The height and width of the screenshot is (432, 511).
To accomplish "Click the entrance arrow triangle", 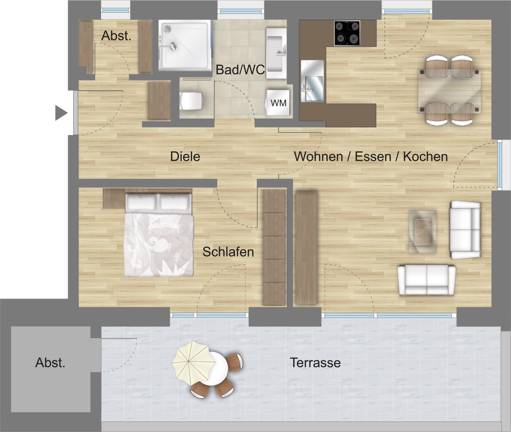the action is click(x=61, y=113).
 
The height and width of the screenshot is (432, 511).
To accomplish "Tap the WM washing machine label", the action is click(x=278, y=103).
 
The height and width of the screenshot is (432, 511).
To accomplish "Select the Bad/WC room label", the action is click(x=240, y=69).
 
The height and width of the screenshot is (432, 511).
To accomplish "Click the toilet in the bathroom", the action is click(x=191, y=101).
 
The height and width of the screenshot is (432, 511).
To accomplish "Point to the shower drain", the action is click(x=167, y=29).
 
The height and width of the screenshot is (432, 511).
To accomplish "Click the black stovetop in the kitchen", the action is click(x=347, y=33).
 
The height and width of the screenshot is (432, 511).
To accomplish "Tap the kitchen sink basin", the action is click(x=314, y=88).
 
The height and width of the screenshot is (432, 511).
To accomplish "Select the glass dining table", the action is click(x=449, y=91).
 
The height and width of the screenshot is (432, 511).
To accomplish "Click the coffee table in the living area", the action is click(x=423, y=232).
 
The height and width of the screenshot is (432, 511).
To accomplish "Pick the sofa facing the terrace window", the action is click(x=427, y=280).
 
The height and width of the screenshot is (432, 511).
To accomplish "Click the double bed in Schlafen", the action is click(x=159, y=235).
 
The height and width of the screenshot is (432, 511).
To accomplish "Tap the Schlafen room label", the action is click(x=228, y=252).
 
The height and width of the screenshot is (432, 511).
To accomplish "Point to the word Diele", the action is click(x=185, y=156).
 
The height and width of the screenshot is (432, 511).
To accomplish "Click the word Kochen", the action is click(x=425, y=156).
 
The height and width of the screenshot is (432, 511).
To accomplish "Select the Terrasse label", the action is click(x=315, y=363).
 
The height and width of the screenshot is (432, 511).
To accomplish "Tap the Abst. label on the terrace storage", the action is click(x=50, y=363).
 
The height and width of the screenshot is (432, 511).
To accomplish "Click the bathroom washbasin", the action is click(x=276, y=53).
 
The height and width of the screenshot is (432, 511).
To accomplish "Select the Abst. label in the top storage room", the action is click(x=116, y=36).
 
